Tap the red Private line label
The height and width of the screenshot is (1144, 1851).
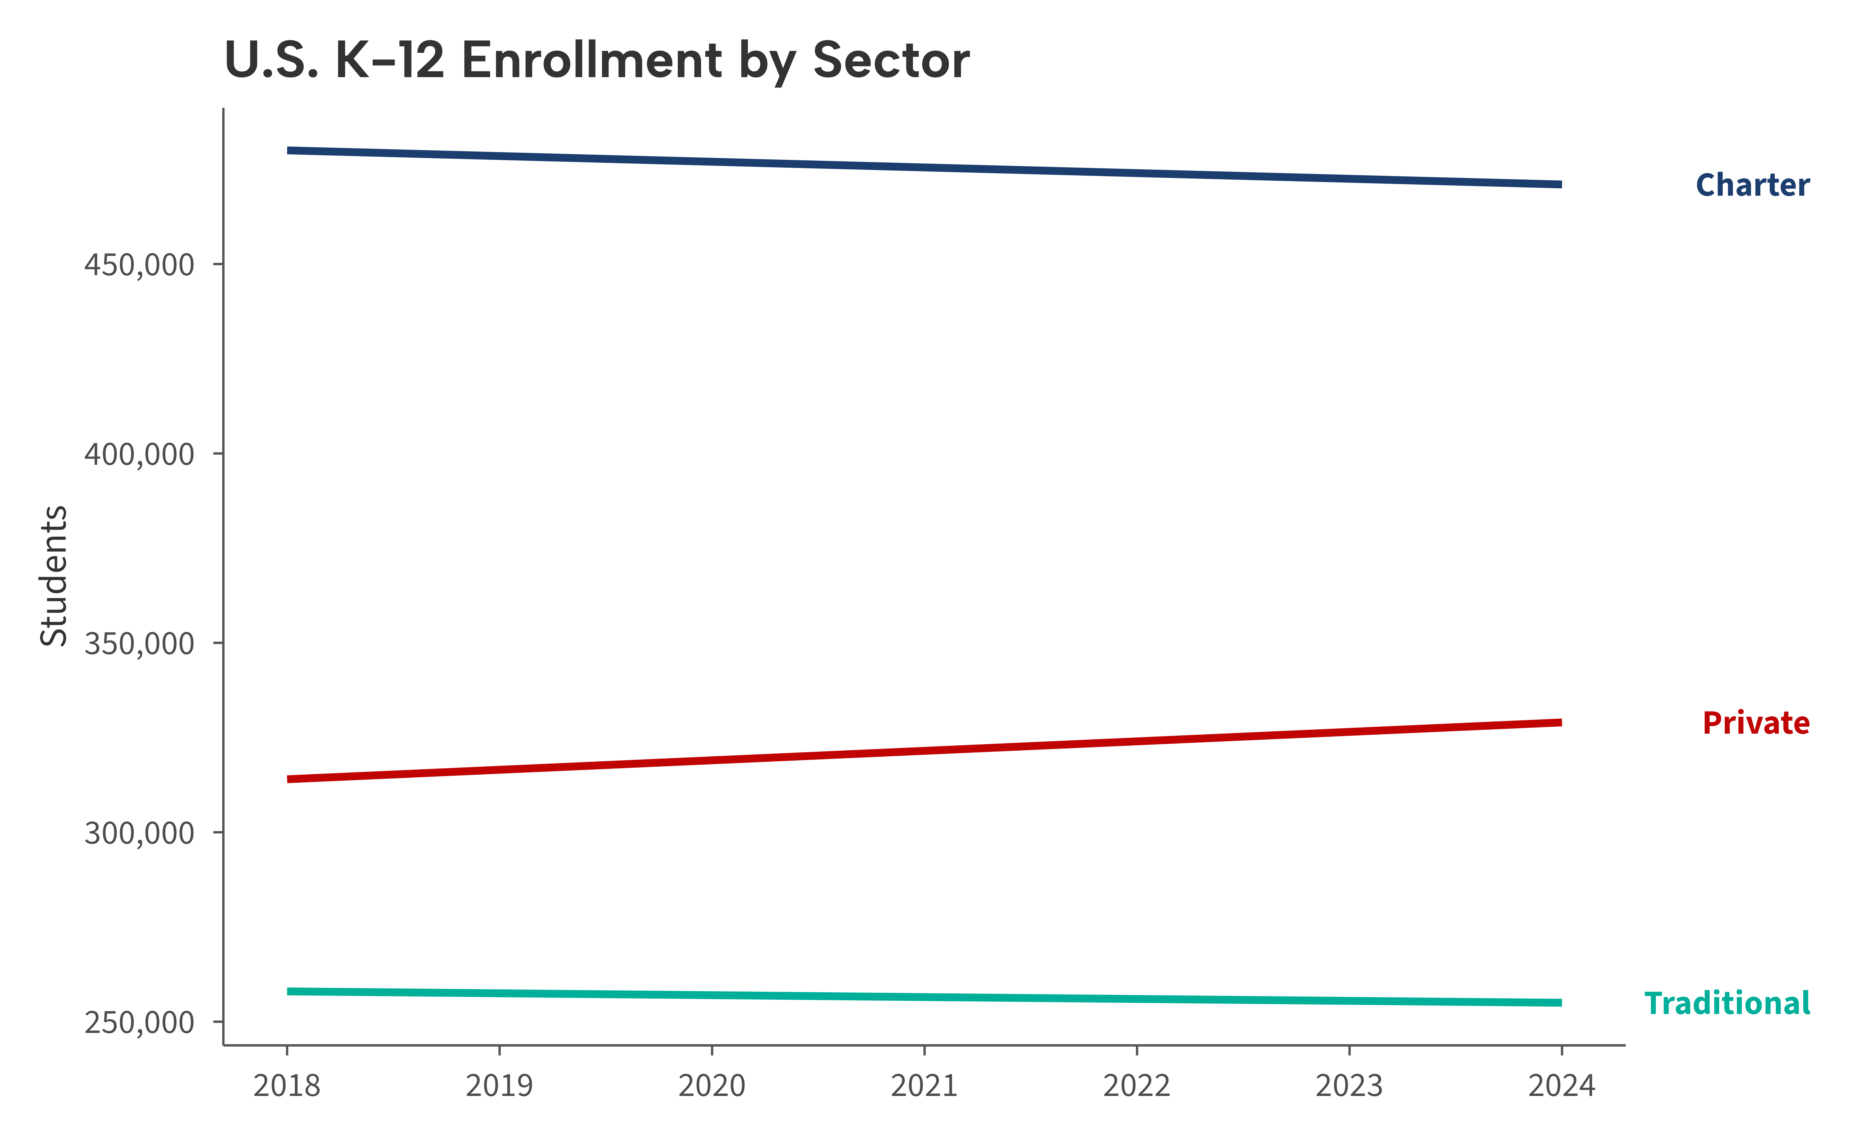[1756, 723]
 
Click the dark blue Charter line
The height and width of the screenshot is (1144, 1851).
[924, 167]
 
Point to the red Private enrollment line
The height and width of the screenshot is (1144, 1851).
[924, 751]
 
